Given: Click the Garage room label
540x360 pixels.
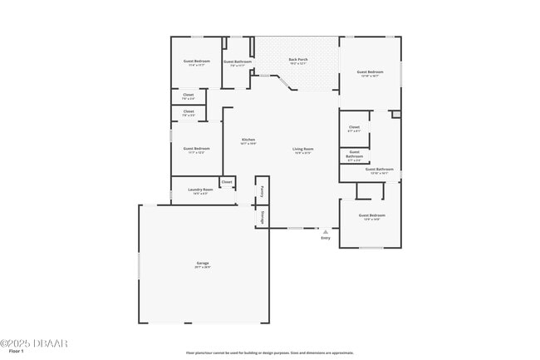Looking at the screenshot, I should (x=203, y=265).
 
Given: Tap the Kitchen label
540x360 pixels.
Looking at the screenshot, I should (x=248, y=141).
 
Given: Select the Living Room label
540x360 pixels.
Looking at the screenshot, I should (x=302, y=150).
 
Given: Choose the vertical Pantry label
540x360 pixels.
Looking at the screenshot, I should (x=262, y=190).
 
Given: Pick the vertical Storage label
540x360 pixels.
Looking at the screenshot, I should (x=262, y=216).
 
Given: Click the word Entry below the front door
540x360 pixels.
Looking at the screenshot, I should (x=326, y=239).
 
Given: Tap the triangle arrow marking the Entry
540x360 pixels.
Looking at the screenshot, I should (x=326, y=232).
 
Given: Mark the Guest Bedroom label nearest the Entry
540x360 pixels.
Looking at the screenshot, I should (x=371, y=216).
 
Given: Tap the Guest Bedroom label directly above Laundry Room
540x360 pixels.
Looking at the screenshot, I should (x=196, y=150).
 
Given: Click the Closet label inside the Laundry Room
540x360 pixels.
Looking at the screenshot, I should (x=227, y=181).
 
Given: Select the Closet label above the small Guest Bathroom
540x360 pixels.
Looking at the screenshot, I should (x=354, y=129).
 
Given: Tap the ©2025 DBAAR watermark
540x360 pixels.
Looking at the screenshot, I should (x=34, y=343).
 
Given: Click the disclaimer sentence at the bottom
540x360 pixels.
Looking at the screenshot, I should (x=269, y=353).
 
